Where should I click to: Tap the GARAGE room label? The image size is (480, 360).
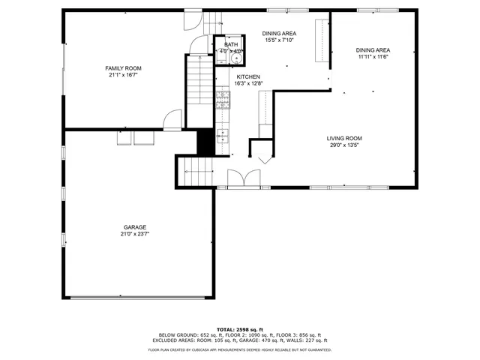click(x=135, y=226)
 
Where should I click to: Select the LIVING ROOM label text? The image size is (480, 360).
click(x=344, y=138)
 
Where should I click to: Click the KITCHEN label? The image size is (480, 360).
click(x=248, y=77)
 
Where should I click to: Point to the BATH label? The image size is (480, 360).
click(x=231, y=45)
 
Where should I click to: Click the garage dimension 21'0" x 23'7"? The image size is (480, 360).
click(x=135, y=233)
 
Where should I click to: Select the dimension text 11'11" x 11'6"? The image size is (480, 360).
click(x=373, y=57)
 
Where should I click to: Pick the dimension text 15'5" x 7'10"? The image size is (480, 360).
click(x=278, y=40)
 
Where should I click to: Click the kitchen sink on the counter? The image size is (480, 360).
click(x=222, y=136)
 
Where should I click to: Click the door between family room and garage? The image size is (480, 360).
click(x=173, y=119)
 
